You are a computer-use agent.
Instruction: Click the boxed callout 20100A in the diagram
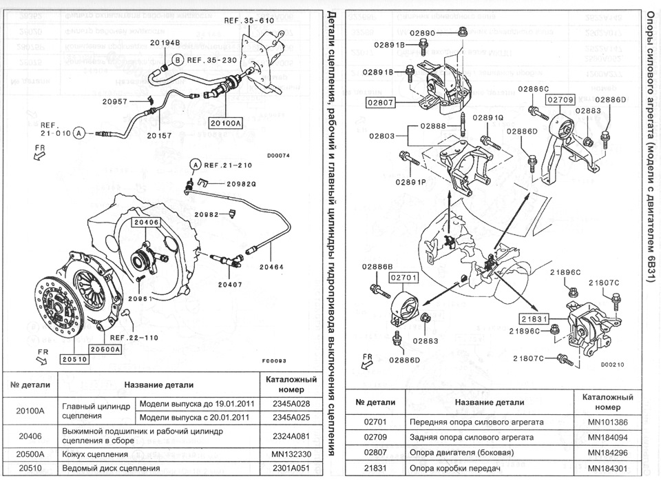pyautogui.click(x=226, y=123)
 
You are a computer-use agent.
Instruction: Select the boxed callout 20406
pyautogui.click(x=146, y=223)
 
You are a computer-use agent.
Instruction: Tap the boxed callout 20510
pyautogui.click(x=74, y=358)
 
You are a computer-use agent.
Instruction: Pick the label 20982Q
pyautogui.click(x=241, y=184)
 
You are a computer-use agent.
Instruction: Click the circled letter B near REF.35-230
pyautogui.click(x=178, y=61)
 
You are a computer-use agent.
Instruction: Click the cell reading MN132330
pyautogui.click(x=290, y=455)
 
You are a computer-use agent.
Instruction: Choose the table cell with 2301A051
pyautogui.click(x=290, y=469)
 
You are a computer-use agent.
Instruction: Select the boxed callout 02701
pyautogui.click(x=405, y=278)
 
